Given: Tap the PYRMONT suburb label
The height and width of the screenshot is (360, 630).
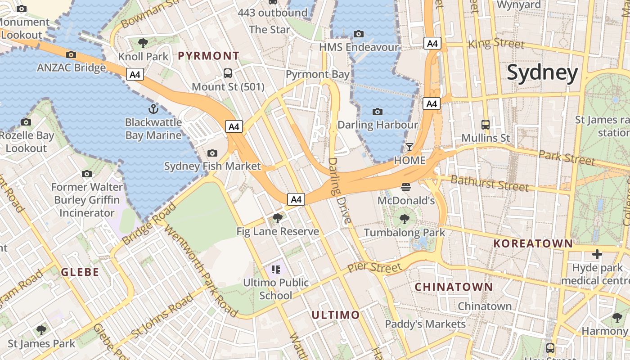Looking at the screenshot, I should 209,56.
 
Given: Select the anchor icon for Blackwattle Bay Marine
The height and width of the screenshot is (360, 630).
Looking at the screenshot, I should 153,109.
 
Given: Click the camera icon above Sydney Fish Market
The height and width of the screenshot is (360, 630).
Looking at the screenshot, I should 212,153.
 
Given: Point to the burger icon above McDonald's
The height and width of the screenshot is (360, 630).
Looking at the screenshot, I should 406,187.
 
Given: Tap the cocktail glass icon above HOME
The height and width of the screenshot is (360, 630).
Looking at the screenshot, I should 409,147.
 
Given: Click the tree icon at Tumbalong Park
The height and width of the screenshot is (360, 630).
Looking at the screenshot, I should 405,219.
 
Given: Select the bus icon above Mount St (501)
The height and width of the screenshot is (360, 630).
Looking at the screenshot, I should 228,73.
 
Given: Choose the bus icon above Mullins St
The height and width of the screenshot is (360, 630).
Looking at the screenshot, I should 486,125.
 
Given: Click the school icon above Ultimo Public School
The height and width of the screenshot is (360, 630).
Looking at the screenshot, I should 276,270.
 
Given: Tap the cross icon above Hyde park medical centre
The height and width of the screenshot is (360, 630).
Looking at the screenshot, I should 597,255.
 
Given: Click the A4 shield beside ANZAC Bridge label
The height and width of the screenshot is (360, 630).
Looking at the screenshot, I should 135,75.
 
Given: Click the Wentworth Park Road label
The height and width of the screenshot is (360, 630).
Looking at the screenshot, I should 201,270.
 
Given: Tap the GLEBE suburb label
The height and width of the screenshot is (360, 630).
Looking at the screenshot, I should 80,272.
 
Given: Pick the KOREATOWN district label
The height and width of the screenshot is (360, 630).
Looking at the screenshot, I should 533,244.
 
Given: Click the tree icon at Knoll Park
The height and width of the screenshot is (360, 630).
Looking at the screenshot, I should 143,43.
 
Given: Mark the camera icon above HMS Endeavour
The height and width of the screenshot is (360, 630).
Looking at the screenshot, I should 359,34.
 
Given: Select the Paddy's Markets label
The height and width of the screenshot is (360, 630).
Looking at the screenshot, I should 425,324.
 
